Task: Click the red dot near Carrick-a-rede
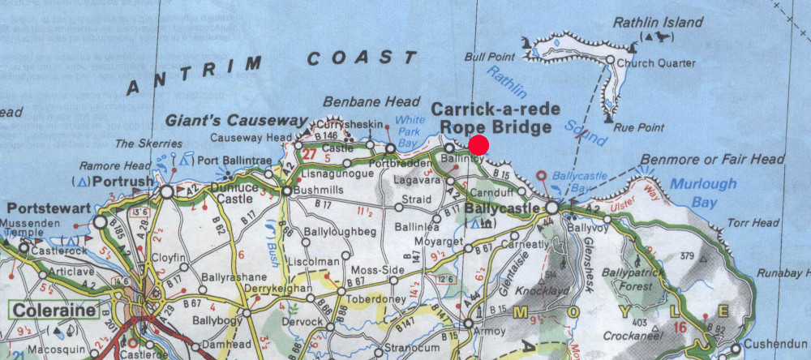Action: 478,145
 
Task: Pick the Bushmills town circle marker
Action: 286,191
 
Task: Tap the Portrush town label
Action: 125,180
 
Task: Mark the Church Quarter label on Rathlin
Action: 656,63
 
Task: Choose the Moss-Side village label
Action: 374,268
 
